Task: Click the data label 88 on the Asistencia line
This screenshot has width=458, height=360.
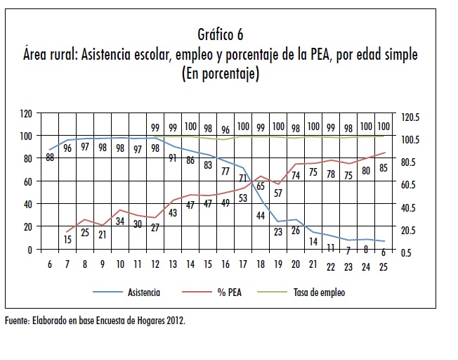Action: [51, 157]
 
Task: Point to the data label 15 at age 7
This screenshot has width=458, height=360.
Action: [68, 239]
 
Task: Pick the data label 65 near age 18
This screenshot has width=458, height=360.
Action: [260, 186]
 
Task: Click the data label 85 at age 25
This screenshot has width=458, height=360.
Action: [383, 168]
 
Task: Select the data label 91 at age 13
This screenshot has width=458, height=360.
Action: [173, 157]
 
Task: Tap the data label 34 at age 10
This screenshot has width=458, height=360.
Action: [120, 221]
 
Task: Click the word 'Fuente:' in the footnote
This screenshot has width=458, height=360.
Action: [16, 321]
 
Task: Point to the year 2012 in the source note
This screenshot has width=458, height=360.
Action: [175, 321]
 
